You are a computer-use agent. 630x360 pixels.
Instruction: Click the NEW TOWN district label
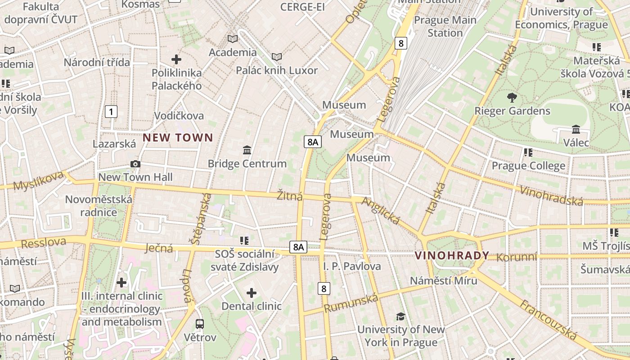pos(178,138)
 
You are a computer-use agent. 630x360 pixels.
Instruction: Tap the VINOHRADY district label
pos(451,256)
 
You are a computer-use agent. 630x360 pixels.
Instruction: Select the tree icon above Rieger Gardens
pos(512,97)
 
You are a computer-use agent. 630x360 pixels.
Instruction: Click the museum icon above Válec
pos(576,130)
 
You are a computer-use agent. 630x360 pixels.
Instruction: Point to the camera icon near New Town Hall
pos(135,164)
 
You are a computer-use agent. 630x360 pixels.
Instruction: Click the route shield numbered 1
pos(111,112)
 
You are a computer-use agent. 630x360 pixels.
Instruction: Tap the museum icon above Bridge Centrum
pos(247,150)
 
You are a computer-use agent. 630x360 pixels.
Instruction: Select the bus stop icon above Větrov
pos(200,324)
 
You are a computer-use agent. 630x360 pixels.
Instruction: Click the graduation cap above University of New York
pos(400,316)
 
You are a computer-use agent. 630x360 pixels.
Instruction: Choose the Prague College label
pos(528,166)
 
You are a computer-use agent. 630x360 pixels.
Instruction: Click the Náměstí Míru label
pos(443,280)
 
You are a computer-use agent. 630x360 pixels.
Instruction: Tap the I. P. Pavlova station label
pos(352,266)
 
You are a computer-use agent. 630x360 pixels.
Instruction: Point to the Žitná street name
pos(289,196)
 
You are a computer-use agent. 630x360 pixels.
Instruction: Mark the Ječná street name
pos(159,248)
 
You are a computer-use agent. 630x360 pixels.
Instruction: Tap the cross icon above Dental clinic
pos(252,293)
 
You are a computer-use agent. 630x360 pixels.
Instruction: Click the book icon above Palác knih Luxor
pos(277,57)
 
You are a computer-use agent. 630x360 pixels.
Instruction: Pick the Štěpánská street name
pos(201,219)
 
